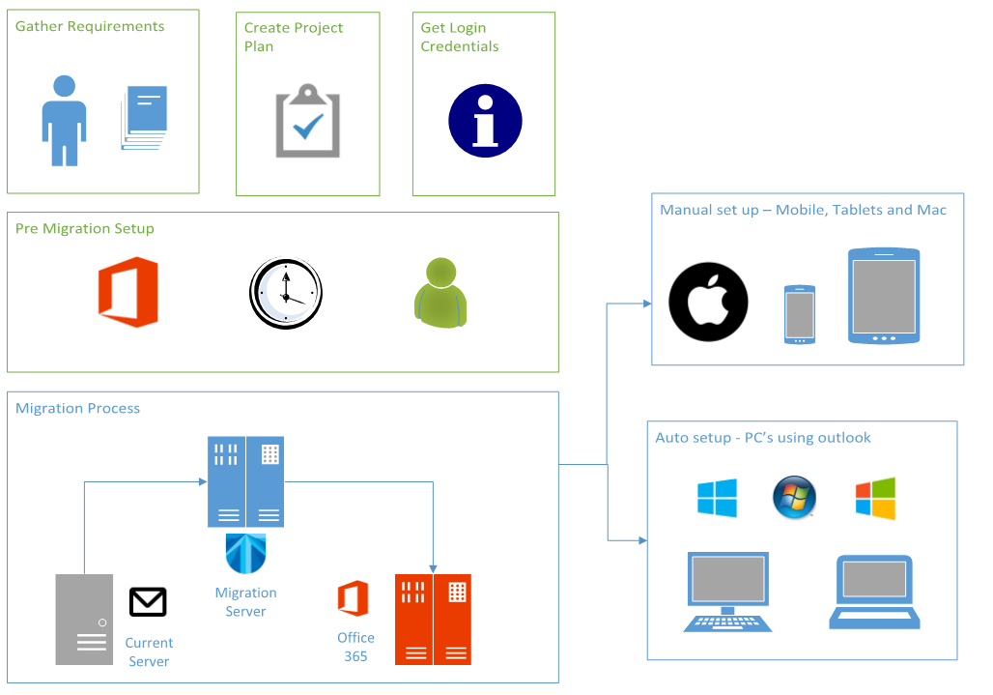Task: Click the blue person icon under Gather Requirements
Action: [64, 120]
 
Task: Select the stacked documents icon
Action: [145, 118]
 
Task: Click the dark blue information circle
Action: [485, 121]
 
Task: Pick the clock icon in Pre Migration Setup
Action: [286, 293]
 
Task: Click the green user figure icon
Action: [440, 292]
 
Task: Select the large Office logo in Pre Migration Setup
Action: [128, 292]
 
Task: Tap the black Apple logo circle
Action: [709, 302]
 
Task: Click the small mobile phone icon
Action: [799, 314]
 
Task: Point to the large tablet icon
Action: [884, 296]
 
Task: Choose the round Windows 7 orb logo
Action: [794, 498]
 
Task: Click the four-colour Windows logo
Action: [875, 499]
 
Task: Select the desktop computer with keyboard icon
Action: [727, 592]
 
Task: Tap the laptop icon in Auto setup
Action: [874, 592]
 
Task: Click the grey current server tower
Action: [84, 619]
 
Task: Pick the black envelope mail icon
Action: [148, 602]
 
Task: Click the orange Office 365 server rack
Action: [433, 619]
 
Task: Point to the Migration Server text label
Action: [245, 601]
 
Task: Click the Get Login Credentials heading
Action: [460, 37]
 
